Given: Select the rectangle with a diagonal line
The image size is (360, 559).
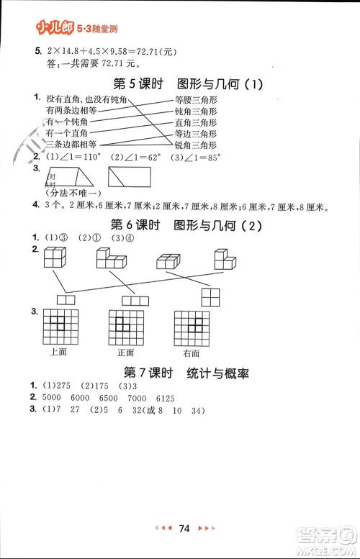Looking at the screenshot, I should (130, 177).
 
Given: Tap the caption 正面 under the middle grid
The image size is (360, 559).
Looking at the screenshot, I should (126, 353).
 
